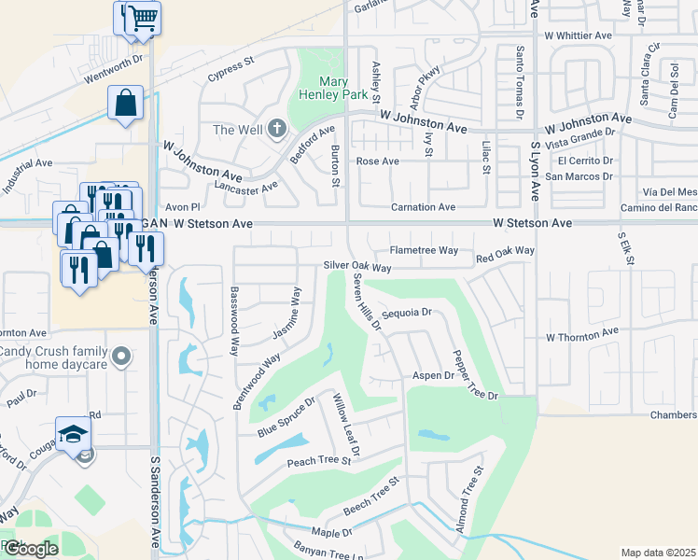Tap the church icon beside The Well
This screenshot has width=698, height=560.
(276, 129)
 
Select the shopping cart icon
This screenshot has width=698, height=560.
(142, 18)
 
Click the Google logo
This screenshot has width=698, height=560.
(30, 549)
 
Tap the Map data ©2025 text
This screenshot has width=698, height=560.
(658, 553)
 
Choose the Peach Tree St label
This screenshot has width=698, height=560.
(318, 461)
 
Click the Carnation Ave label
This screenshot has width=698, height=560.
(422, 207)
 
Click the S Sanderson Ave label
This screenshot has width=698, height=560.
(155, 504)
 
